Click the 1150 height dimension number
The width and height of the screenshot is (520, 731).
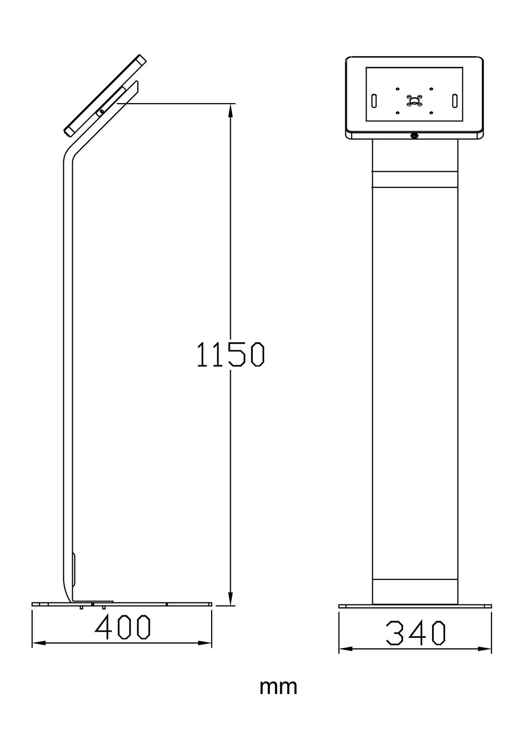230,354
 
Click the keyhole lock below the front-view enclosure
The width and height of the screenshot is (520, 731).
414,135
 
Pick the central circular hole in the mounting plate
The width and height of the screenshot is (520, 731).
414,100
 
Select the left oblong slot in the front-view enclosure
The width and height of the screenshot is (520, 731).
374,100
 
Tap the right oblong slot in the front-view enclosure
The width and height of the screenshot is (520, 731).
454,100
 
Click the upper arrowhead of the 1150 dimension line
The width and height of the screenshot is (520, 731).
230,112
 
